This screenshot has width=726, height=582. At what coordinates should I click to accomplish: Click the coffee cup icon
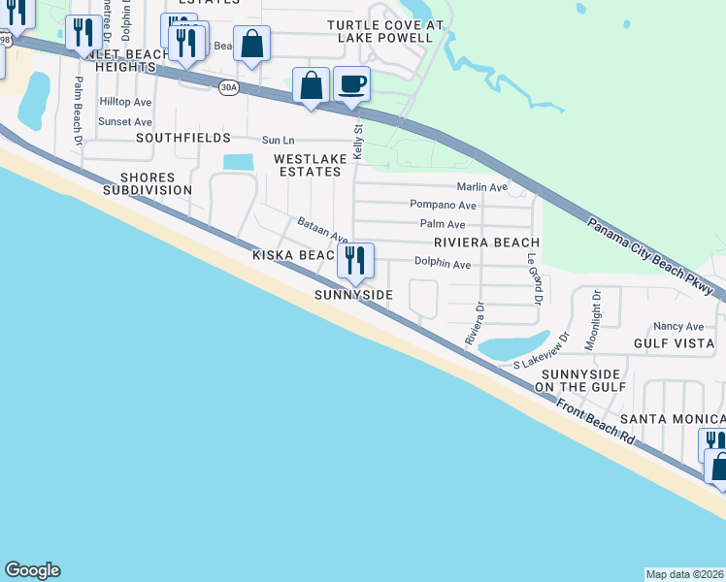351,83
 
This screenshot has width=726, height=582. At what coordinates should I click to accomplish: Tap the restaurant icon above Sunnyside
353,260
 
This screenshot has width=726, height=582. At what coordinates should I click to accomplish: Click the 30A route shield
227,86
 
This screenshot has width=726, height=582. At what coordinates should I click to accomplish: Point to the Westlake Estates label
308,165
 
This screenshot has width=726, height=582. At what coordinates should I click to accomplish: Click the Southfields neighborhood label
183,139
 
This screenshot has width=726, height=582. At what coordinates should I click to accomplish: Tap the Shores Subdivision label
148,184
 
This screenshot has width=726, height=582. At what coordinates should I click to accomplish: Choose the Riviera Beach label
486,242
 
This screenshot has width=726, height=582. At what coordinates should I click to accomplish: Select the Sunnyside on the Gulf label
577,380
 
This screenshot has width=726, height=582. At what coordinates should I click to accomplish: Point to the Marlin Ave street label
482,187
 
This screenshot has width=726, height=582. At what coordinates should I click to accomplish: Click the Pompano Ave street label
443,206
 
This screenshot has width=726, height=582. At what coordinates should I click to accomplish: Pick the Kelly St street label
358,142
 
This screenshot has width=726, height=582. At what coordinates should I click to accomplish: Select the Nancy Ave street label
679,327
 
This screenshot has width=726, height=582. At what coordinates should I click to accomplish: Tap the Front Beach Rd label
596,420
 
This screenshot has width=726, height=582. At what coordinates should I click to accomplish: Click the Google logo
32,570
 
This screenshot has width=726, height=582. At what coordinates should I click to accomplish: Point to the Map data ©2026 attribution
685,574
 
